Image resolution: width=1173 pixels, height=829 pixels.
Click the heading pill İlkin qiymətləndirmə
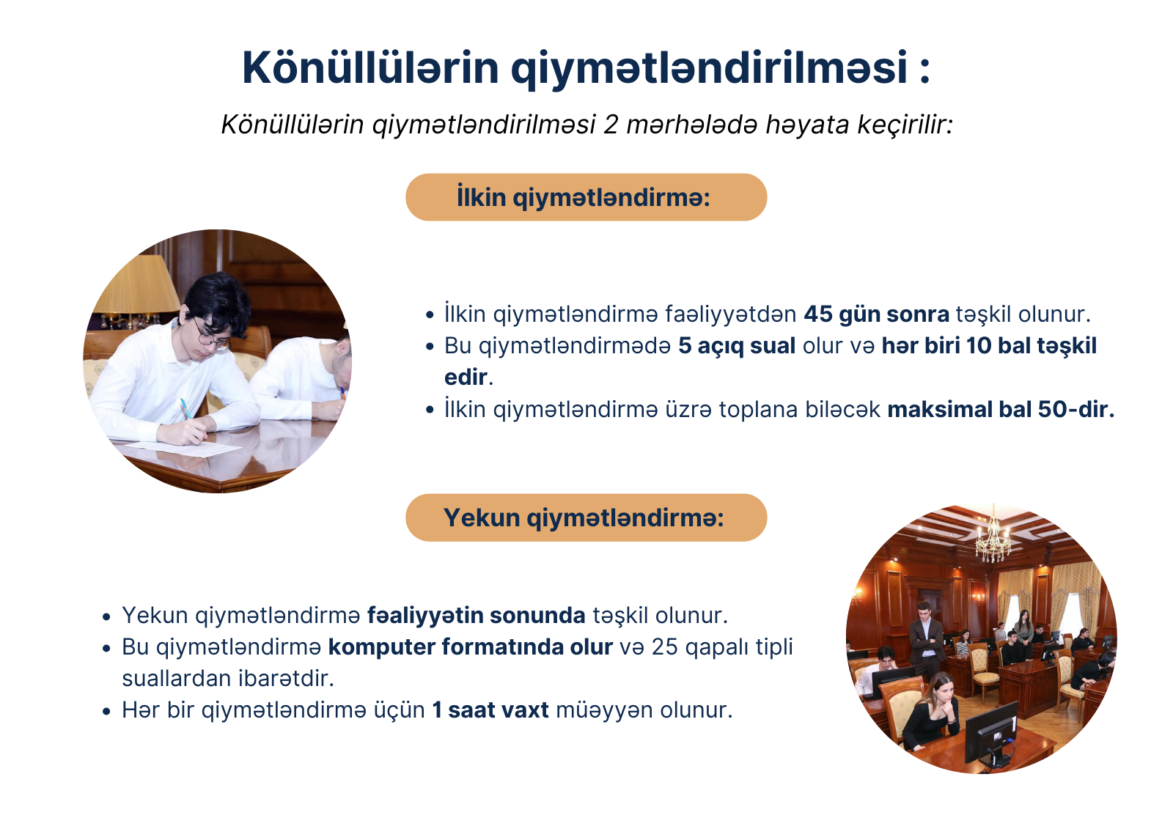(x=586, y=197)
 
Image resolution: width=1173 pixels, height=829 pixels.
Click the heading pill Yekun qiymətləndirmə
(x=586, y=517)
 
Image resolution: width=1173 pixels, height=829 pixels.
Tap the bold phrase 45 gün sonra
(x=876, y=314)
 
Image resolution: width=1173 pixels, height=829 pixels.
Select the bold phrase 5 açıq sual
(x=737, y=346)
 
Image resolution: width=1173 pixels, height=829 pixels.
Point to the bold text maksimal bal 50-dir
(x=1001, y=410)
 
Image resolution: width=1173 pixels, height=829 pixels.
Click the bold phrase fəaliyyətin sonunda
(x=476, y=615)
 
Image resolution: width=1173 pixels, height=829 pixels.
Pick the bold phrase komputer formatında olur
(x=470, y=647)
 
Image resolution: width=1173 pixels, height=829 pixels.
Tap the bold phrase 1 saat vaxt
(x=490, y=710)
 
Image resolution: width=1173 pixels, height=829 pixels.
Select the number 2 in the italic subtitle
(x=611, y=125)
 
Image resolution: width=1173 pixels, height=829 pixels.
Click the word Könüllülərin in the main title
(x=370, y=67)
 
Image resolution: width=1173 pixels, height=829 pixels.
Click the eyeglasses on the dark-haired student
(x=211, y=336)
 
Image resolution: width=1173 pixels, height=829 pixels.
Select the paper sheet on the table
(x=183, y=449)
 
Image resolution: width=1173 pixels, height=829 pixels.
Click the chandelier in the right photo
(x=993, y=534)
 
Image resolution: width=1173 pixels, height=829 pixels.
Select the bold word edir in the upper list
(x=466, y=377)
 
